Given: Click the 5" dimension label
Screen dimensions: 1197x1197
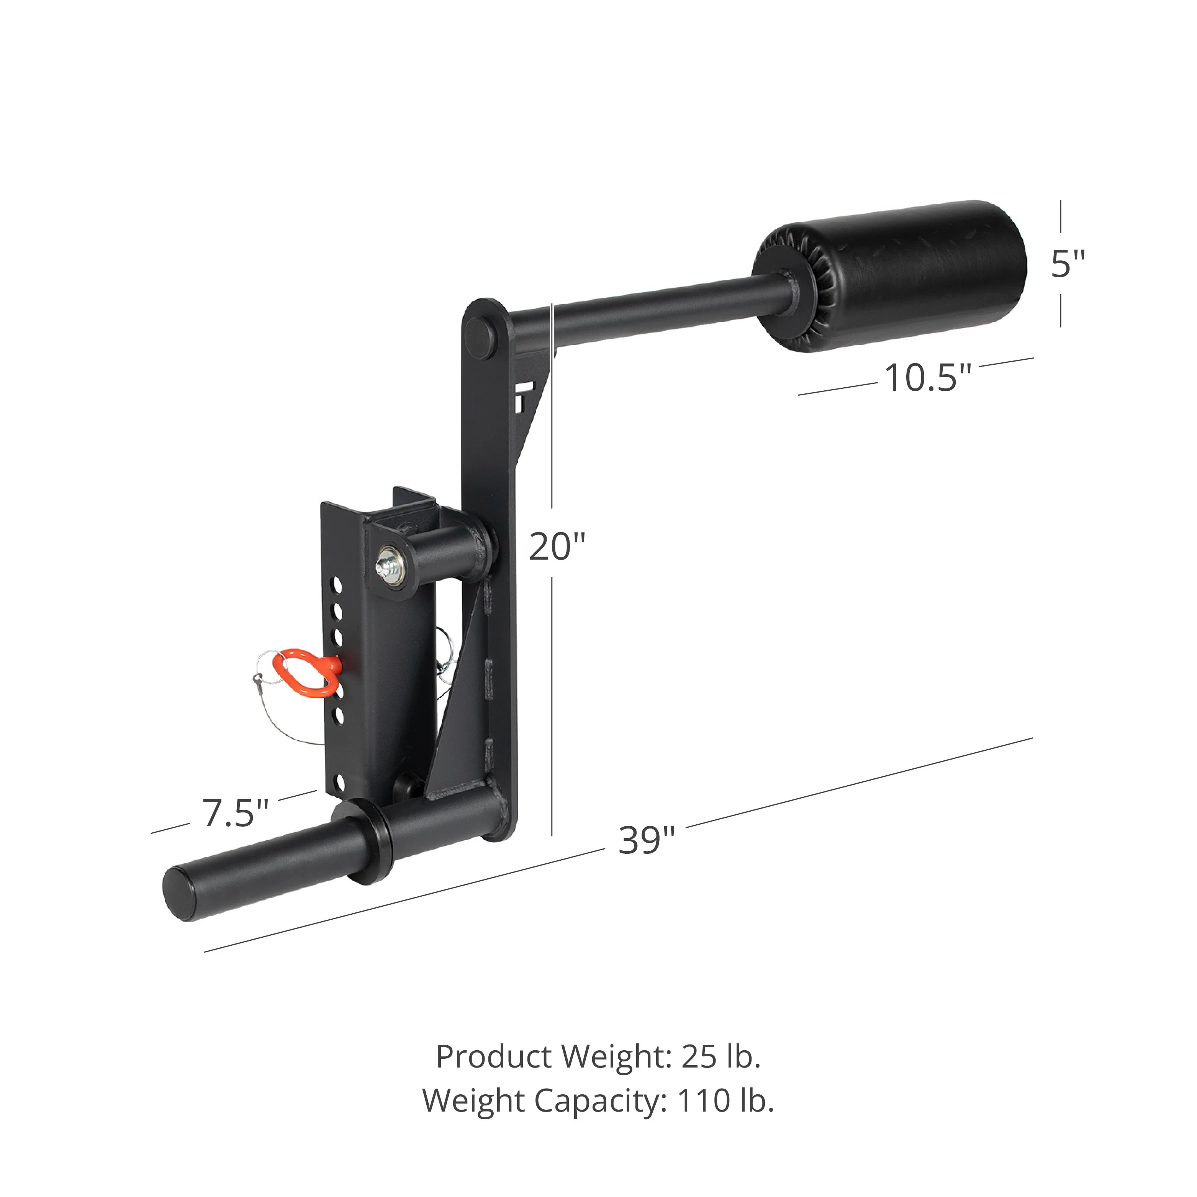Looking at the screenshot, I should [x=1068, y=265].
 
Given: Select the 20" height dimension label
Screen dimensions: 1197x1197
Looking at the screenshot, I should [x=557, y=547].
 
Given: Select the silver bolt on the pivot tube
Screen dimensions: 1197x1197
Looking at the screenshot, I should [x=388, y=561].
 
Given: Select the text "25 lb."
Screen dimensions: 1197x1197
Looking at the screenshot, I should [x=720, y=1057].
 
